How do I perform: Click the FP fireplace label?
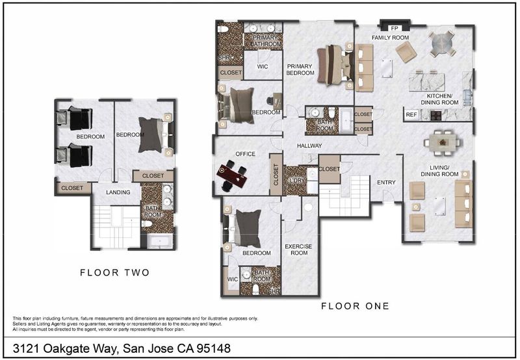coord(395,28)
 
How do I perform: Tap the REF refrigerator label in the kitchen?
coord(411,115)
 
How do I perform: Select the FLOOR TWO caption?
coord(115,272)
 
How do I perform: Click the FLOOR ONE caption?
coord(355,306)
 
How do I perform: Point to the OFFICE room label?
coord(246,154)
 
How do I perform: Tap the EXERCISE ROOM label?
coord(298,250)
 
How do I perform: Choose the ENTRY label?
coord(386,183)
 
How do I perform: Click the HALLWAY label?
coord(309,146)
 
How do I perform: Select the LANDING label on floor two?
coord(118,192)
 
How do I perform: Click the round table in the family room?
coord(441,43)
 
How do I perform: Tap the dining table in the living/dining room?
coord(443,142)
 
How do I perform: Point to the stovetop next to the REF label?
coord(435,115)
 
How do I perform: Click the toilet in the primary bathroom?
coord(223,29)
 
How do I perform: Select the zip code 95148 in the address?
coord(214,348)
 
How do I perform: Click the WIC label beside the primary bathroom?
coord(263,67)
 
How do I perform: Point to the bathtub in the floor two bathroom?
coord(160,241)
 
